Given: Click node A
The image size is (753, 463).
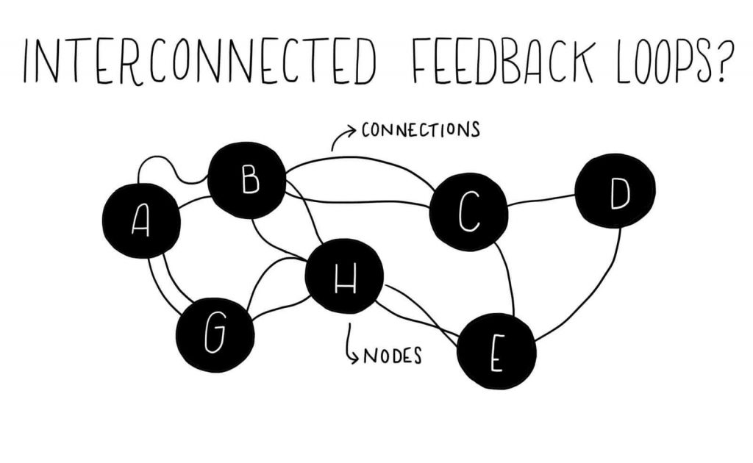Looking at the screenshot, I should pyautogui.click(x=140, y=220).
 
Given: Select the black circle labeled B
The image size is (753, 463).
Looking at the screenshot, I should pyautogui.click(x=247, y=180).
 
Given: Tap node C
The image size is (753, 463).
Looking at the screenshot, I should pyautogui.click(x=468, y=212).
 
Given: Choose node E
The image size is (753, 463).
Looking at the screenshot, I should pyautogui.click(x=496, y=351).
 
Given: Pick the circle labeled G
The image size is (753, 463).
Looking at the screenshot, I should pyautogui.click(x=215, y=335).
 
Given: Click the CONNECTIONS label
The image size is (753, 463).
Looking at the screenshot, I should pyautogui.click(x=421, y=131).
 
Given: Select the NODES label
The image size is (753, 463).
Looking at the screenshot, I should pyautogui.click(x=393, y=356).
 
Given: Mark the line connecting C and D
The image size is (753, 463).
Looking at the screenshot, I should pyautogui.click(x=541, y=200).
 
